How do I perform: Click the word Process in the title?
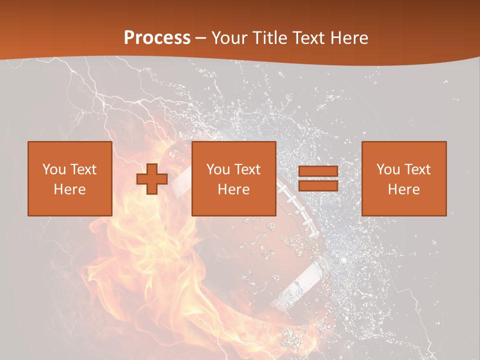(x=157, y=38)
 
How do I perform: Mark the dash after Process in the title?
(x=201, y=38)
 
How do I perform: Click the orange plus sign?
(x=152, y=179)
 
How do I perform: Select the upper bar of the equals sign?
(x=318, y=171)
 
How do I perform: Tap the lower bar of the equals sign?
(x=318, y=185)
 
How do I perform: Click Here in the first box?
(x=69, y=189)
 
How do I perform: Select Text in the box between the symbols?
(x=246, y=169)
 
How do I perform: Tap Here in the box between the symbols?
(x=233, y=189)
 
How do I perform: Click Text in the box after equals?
(x=416, y=169)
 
